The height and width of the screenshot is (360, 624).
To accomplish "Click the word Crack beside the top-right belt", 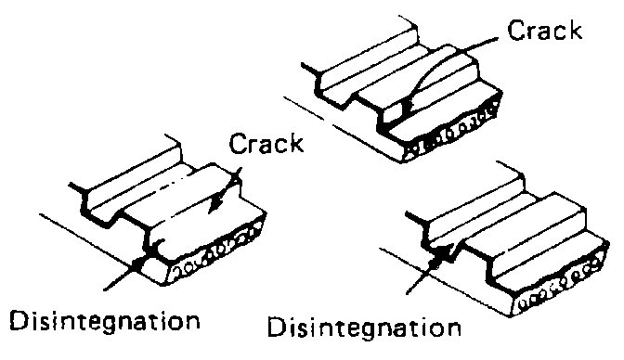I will tap(545, 31).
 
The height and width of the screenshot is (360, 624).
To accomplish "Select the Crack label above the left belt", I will tap(267, 146).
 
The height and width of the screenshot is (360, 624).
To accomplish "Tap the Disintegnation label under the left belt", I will tap(104, 322).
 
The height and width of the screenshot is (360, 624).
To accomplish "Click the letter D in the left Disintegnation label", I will tap(18, 322).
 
